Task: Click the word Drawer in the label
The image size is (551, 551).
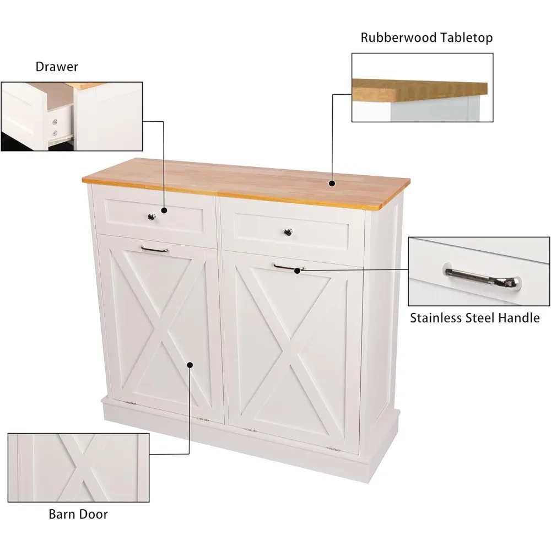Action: tap(57, 67)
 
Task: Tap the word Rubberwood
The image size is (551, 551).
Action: tap(398, 37)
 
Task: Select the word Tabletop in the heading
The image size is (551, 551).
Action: tap(466, 37)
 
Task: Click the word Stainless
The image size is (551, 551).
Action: tap(436, 318)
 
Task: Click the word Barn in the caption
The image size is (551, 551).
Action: tap(62, 514)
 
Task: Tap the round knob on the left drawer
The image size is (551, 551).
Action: tap(152, 217)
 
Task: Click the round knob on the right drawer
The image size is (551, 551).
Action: tap(288, 233)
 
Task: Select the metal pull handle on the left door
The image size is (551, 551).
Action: tap(155, 250)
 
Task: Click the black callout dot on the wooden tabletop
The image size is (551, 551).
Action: tap(332, 183)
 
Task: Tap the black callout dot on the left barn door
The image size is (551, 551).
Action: tap(190, 365)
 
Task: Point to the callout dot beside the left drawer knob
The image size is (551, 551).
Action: tap(164, 210)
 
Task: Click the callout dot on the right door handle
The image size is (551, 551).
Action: tap(298, 271)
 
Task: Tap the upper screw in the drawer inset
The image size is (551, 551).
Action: tap(55, 122)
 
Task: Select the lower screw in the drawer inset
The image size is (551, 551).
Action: tap(55, 133)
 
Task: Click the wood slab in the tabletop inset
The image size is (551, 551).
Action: tap(420, 90)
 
